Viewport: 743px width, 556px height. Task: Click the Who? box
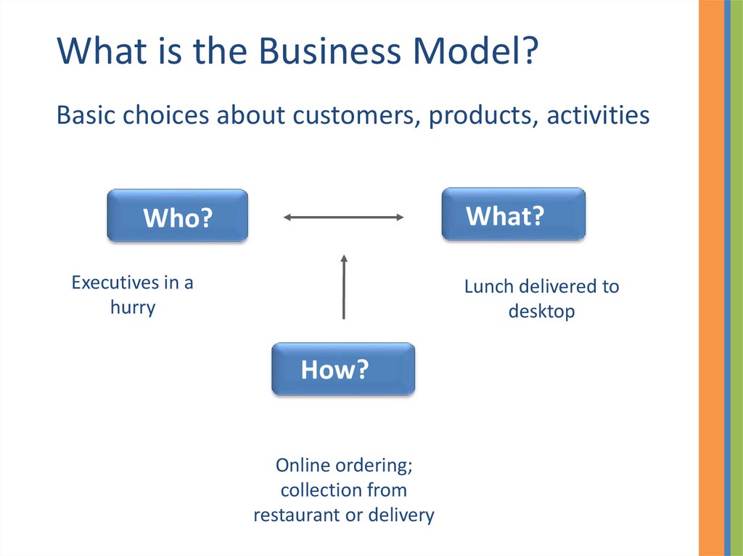177,216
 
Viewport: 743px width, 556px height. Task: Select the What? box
514,215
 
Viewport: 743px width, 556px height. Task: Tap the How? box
342,369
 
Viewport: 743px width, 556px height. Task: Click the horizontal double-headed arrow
343,217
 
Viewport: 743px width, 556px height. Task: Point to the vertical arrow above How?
344,286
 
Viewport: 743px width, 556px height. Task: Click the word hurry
133,307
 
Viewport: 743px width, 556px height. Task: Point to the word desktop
541,312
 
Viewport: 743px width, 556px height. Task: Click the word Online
303,465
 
